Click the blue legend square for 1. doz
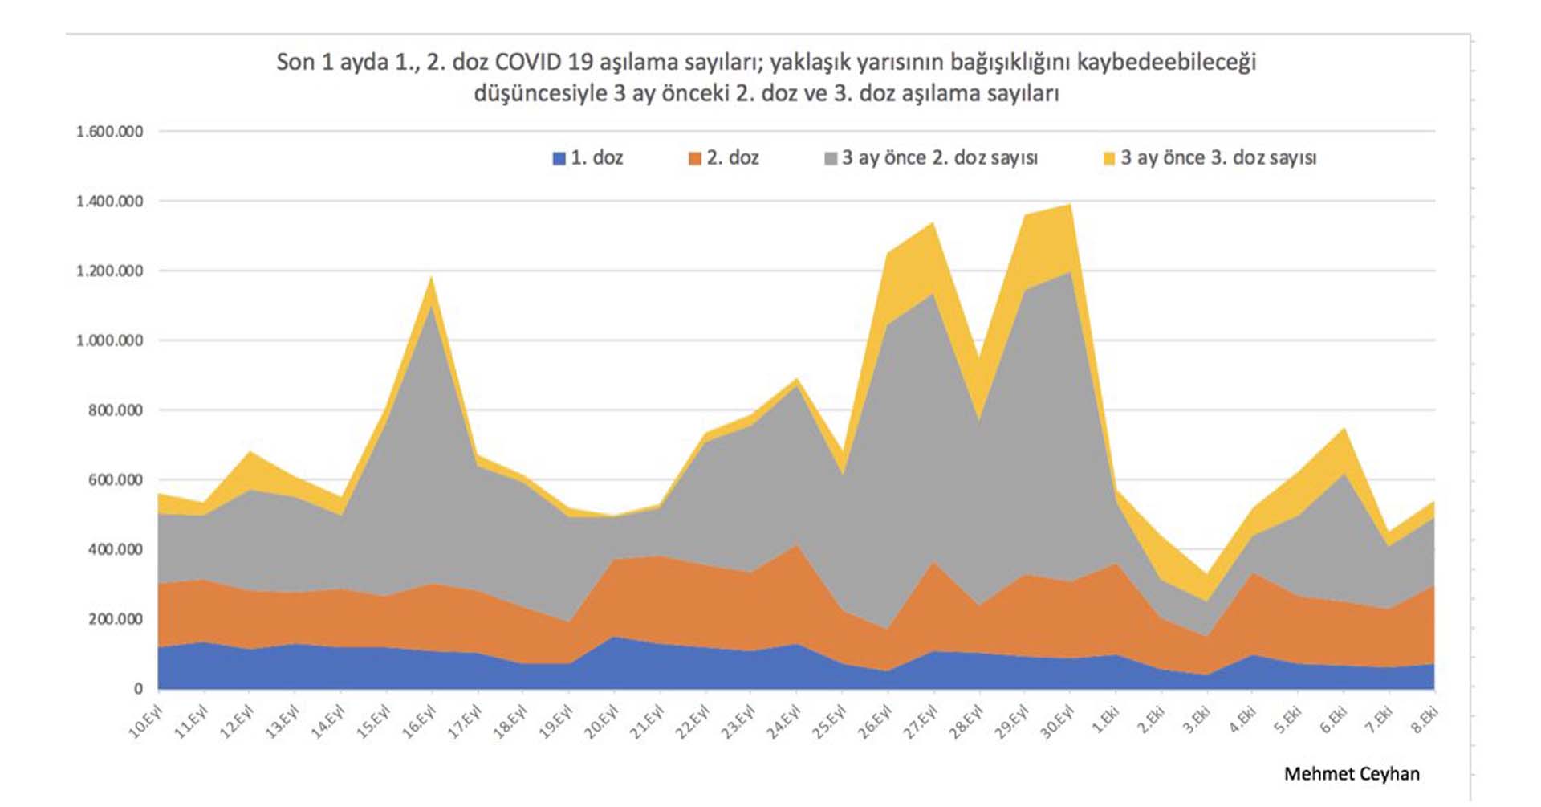point(559,158)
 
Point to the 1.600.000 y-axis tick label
point(110,132)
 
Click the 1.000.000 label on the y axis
point(110,340)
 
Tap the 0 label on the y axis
point(139,689)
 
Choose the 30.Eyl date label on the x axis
point(1057,721)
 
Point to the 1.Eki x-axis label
point(1106,719)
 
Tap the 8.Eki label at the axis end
point(1425,719)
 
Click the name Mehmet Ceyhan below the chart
point(1352,774)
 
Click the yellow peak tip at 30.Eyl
point(1070,205)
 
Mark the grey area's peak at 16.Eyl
point(432,306)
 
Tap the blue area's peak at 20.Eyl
point(615,638)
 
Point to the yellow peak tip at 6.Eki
point(1344,430)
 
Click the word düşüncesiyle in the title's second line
point(540,94)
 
